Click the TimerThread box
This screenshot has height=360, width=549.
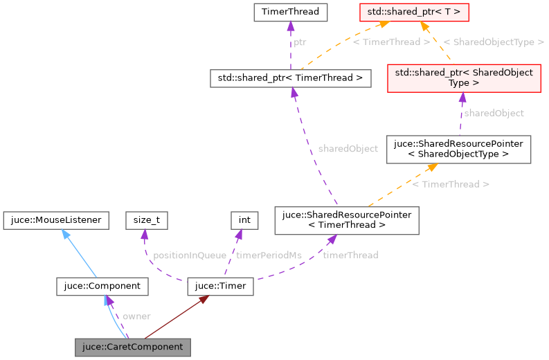[290, 12]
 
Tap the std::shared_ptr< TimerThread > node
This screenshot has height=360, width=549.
[291, 78]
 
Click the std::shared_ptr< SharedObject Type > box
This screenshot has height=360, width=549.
[464, 78]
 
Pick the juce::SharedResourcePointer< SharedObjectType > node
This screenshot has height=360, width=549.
[459, 149]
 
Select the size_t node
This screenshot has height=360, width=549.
[147, 220]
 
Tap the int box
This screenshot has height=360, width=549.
[244, 220]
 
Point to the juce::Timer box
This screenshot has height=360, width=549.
[221, 285]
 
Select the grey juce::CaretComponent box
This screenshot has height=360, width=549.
[132, 346]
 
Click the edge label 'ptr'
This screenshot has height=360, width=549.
[299, 42]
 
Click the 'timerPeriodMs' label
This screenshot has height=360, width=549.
[269, 255]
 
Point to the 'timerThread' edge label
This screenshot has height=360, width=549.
[350, 255]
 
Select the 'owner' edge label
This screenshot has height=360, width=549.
[136, 316]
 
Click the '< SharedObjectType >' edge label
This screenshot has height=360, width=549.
[493, 42]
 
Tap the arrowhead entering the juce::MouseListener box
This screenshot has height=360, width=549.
[65, 233]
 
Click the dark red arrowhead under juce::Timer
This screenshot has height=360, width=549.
[204, 300]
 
